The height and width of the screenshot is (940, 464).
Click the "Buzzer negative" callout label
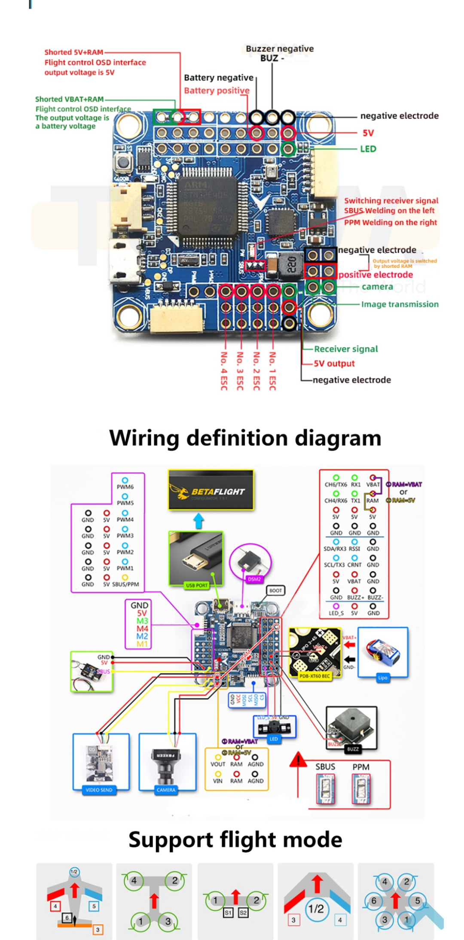[x=280, y=49]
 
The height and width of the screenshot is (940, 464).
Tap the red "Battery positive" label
[x=217, y=91]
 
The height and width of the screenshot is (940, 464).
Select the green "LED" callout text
[x=368, y=149]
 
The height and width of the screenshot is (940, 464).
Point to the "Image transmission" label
[x=400, y=304]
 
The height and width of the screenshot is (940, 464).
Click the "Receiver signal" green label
[x=346, y=349]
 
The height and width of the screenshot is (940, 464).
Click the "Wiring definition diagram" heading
[x=245, y=438]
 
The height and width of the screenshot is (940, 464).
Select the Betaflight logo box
[x=211, y=490]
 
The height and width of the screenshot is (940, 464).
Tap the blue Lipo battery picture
[x=383, y=652]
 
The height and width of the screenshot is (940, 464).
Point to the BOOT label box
[x=276, y=591]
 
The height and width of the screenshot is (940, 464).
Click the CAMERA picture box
[x=167, y=762]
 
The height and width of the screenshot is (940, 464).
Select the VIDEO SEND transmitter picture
[x=101, y=762]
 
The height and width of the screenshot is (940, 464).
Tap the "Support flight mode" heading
[x=235, y=840]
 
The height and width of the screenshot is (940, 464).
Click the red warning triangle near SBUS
[x=297, y=761]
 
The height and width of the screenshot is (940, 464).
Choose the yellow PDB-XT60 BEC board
[x=315, y=652]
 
